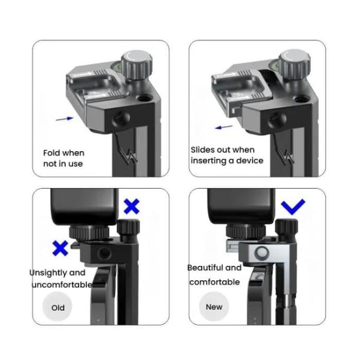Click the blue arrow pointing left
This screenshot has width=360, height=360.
point(224,127)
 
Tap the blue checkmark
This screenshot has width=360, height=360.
point(293,206)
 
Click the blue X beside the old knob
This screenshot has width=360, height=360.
point(132,206)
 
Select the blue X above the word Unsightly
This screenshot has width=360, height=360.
point(60,248)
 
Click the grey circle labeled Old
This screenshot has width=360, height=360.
point(58,307)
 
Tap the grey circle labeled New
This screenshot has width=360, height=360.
point(214,307)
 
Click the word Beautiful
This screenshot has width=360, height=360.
point(205,267)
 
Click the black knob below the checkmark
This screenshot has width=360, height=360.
point(286,228)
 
